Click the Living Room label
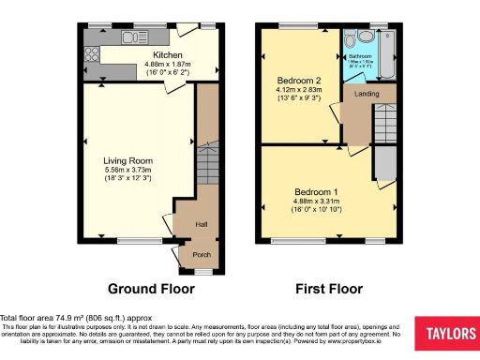pos(127,159)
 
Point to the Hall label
pos(201,225)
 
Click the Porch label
pos(201,254)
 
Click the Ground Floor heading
pos(151,289)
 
